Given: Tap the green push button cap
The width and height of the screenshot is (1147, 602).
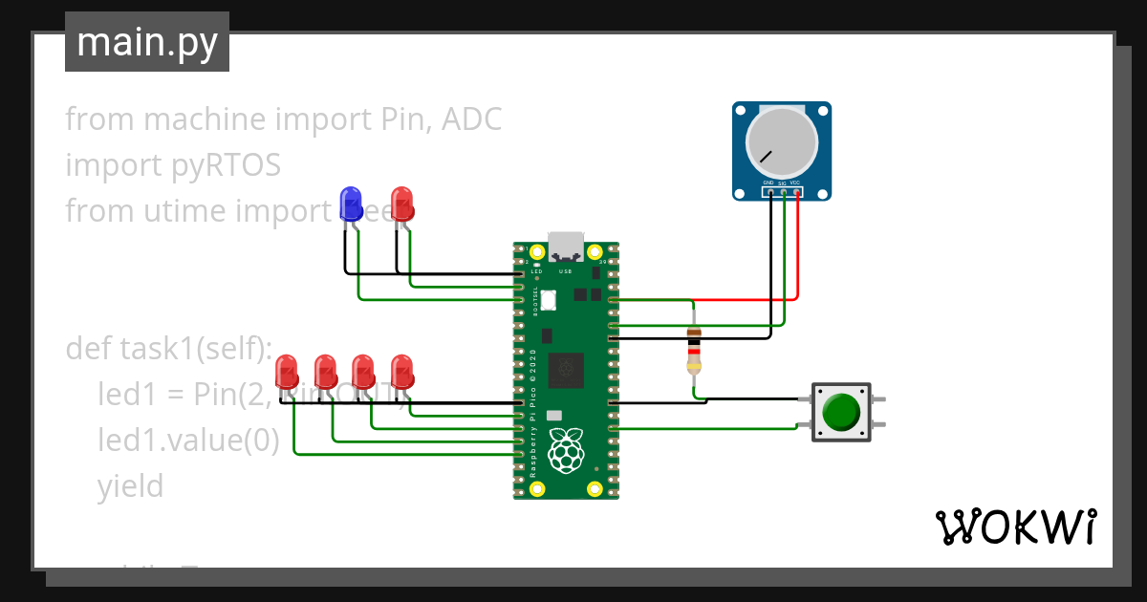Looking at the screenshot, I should (841, 412).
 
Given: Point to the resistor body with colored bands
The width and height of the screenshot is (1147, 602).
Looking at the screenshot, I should (695, 350).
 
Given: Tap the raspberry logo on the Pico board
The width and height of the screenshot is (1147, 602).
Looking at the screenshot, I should (566, 450).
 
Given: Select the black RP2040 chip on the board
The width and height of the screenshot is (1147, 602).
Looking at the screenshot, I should (566, 369).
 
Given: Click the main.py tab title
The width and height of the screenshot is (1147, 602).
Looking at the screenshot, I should (146, 43).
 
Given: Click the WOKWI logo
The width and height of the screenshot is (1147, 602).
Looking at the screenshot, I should (1015, 527).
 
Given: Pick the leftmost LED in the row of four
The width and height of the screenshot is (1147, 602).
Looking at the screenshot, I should (286, 371).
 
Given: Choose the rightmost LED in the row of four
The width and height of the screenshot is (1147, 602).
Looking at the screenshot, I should (402, 371).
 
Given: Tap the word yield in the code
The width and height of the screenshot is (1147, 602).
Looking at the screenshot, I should (130, 486).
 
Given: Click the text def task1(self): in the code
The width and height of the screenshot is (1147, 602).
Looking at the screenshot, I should (169, 349).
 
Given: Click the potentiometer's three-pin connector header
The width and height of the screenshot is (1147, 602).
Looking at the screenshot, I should (782, 192).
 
